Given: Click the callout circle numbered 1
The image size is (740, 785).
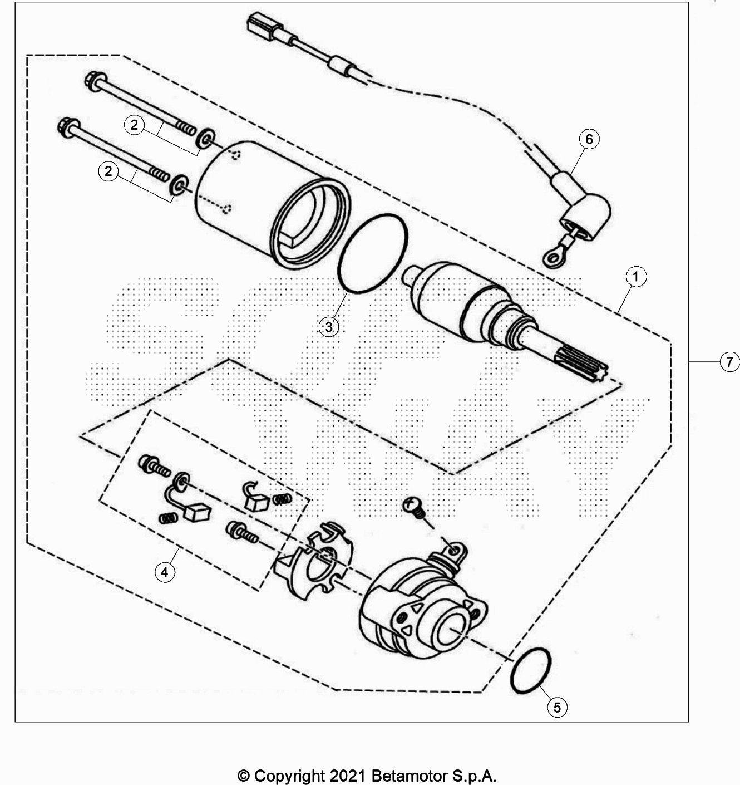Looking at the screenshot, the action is tap(636, 277).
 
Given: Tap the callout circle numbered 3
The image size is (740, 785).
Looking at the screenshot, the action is tap(329, 327).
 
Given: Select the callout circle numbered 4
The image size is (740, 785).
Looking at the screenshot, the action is tap(165, 572).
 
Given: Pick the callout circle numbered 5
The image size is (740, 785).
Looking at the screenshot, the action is tap(557, 707).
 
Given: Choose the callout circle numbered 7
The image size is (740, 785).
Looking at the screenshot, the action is tap(729, 362).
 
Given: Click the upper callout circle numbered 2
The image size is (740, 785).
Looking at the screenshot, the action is tap(134, 125).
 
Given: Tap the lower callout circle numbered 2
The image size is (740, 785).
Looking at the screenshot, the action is tap(108, 171).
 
